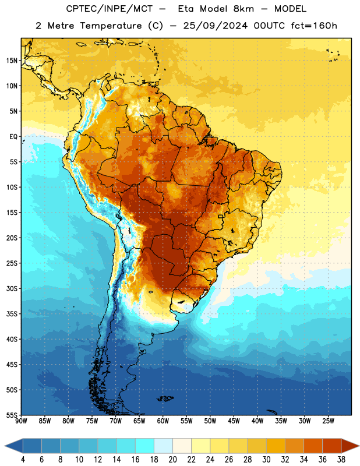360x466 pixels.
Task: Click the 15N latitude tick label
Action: (12, 61)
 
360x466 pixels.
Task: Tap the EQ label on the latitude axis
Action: (13, 137)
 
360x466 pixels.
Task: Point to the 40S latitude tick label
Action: (12, 339)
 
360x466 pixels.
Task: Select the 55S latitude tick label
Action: (12, 415)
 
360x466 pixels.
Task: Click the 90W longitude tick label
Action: (21, 421)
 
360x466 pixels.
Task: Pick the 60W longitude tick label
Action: (163, 421)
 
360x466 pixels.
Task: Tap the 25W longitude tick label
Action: (328, 421)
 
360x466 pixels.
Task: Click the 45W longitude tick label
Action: (234, 421)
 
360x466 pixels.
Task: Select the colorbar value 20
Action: (172, 460)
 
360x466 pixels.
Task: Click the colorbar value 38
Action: (341, 460)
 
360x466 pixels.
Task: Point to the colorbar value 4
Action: (23, 460)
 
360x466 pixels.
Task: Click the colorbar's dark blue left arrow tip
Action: (5, 446)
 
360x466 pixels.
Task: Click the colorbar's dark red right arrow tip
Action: (359, 446)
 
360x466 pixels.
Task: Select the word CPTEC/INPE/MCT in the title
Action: (109, 9)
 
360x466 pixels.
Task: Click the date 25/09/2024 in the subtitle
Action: (215, 26)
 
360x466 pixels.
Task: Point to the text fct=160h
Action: (314, 26)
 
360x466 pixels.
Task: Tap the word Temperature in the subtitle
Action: (111, 26)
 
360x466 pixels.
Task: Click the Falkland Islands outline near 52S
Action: (165, 398)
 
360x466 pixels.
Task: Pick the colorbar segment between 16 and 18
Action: (144, 446)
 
